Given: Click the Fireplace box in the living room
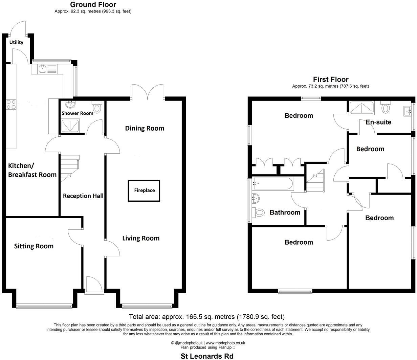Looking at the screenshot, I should [144, 190].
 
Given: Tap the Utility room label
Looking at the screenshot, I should [16, 42].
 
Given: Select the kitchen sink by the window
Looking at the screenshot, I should [43, 69].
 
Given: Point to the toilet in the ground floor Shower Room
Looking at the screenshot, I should [97, 108].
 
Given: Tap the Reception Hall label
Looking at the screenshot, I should [83, 196].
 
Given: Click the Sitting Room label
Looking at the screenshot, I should [34, 246].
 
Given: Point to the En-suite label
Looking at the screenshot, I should [378, 122].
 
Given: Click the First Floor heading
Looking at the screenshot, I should [330, 80].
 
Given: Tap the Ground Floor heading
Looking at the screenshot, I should [93, 4].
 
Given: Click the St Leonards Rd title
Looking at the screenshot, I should [207, 356].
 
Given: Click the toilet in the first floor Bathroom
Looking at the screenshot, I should [259, 213].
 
